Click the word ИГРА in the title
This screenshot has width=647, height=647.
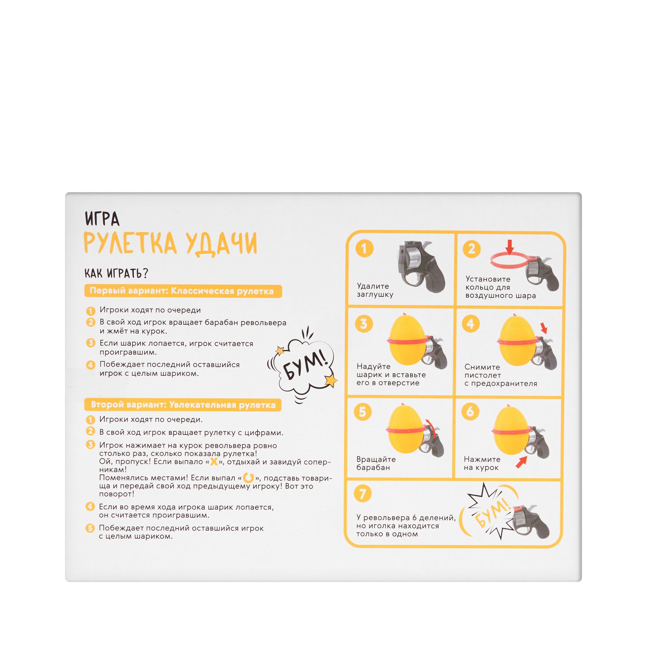102,219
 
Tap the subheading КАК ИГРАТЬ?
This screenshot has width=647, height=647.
116,273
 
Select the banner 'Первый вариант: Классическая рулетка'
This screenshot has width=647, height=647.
183,291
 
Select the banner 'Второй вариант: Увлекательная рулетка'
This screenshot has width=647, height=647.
183,405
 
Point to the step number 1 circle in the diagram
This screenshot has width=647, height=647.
364,248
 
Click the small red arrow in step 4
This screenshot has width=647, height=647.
543,328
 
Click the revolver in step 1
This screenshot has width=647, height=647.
421,266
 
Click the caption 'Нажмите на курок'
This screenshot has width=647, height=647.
482,463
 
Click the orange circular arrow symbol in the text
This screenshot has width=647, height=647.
248,478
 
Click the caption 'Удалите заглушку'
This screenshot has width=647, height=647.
375,291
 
